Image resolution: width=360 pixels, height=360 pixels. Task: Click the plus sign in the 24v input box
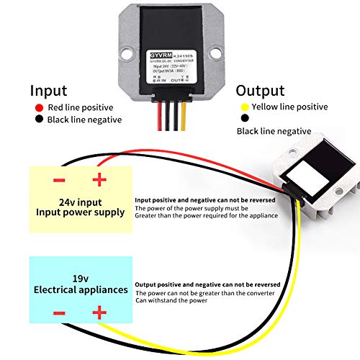[x=99, y=179]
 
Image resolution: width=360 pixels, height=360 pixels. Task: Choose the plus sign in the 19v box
[x=99, y=312]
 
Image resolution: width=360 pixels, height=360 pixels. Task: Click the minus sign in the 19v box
[x=59, y=312]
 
